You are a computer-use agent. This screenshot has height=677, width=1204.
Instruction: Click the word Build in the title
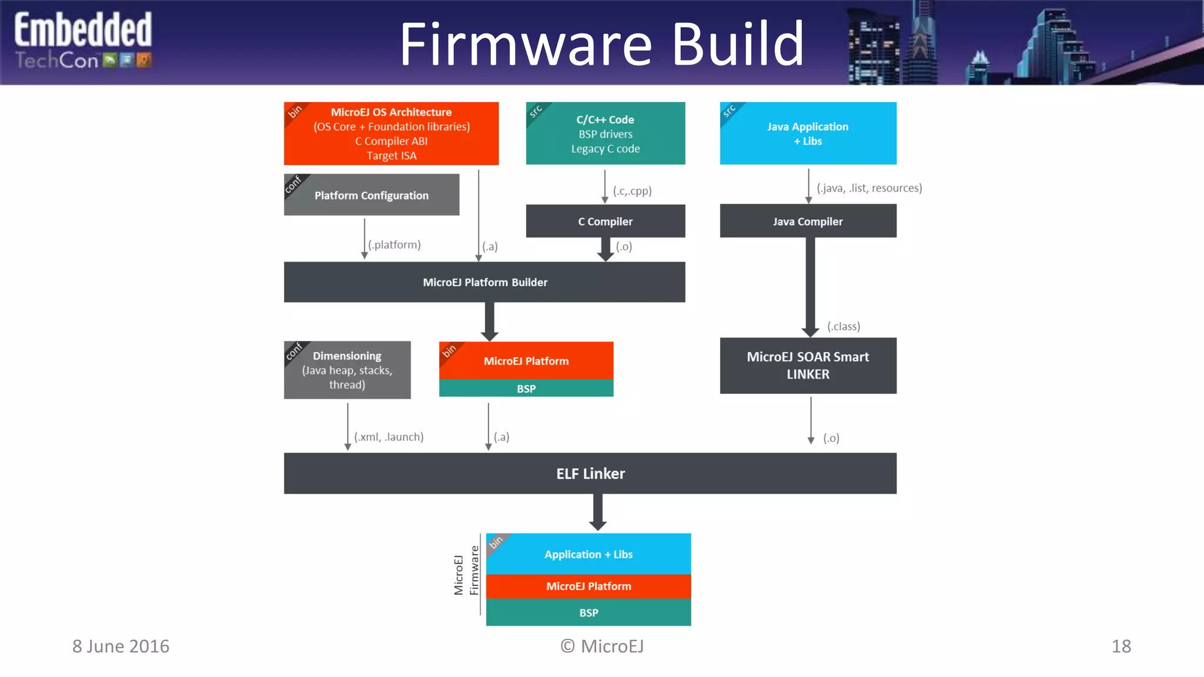pyautogui.click(x=737, y=44)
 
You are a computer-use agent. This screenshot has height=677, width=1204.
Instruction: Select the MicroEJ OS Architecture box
pyautogui.click(x=391, y=134)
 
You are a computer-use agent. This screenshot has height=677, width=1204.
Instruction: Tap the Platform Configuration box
pyautogui.click(x=372, y=195)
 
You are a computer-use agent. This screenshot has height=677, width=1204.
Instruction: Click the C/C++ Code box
pyautogui.click(x=605, y=134)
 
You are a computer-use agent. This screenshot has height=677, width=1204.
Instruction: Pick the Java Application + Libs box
pyautogui.click(x=808, y=134)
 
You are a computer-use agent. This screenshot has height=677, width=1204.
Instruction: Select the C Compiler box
pyautogui.click(x=605, y=222)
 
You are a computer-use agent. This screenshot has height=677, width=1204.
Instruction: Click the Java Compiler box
pyautogui.click(x=808, y=222)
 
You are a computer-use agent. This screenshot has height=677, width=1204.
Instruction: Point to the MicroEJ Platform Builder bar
pyautogui.click(x=484, y=282)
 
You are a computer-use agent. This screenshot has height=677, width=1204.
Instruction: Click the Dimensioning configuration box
pyautogui.click(x=347, y=370)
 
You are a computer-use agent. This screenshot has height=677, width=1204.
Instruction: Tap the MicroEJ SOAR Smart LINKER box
pyautogui.click(x=808, y=366)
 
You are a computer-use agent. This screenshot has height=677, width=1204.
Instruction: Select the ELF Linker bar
pyautogui.click(x=590, y=474)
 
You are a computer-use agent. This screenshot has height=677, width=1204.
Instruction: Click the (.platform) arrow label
pyautogui.click(x=394, y=244)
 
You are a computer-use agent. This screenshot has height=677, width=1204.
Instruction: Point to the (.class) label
pyautogui.click(x=844, y=326)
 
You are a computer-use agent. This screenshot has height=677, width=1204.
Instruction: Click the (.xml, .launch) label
pyautogui.click(x=389, y=437)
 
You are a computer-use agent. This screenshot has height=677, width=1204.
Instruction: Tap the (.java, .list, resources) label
pyautogui.click(x=869, y=188)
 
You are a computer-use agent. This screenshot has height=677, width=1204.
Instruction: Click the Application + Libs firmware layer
pyautogui.click(x=588, y=554)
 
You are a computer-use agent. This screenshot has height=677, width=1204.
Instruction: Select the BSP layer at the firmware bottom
pyautogui.click(x=588, y=612)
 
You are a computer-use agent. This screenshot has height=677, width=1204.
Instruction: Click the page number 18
pyautogui.click(x=1121, y=646)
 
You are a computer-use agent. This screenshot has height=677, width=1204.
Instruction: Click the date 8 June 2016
pyautogui.click(x=121, y=646)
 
